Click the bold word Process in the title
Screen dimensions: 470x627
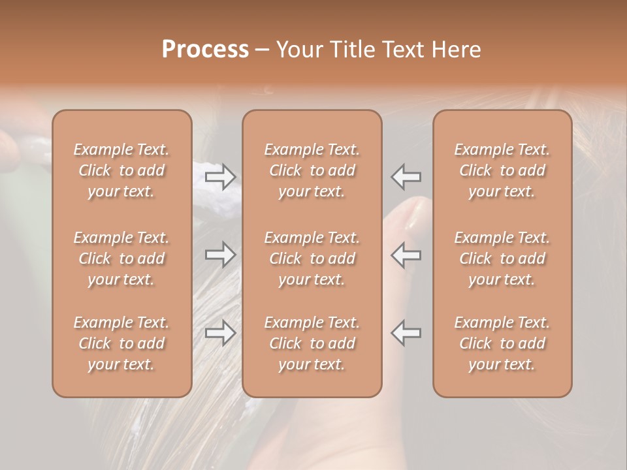(205, 50)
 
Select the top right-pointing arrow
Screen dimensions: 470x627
(220, 176)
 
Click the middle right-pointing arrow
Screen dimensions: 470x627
(220, 255)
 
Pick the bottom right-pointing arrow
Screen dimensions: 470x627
(220, 332)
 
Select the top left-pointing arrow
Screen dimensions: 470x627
(406, 176)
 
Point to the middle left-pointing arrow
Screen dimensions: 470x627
(406, 255)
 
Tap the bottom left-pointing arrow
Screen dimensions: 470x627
(406, 332)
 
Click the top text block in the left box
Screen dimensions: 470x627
(121, 170)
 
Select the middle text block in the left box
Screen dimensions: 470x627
(121, 258)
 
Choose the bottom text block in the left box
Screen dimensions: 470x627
(121, 343)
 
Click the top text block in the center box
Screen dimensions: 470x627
(312, 170)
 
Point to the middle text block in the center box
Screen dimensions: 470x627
(312, 258)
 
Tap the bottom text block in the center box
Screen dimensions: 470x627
(312, 343)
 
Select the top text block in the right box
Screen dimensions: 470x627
(502, 170)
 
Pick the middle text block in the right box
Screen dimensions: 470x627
(502, 258)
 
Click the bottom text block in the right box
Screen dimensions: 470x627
(502, 343)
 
